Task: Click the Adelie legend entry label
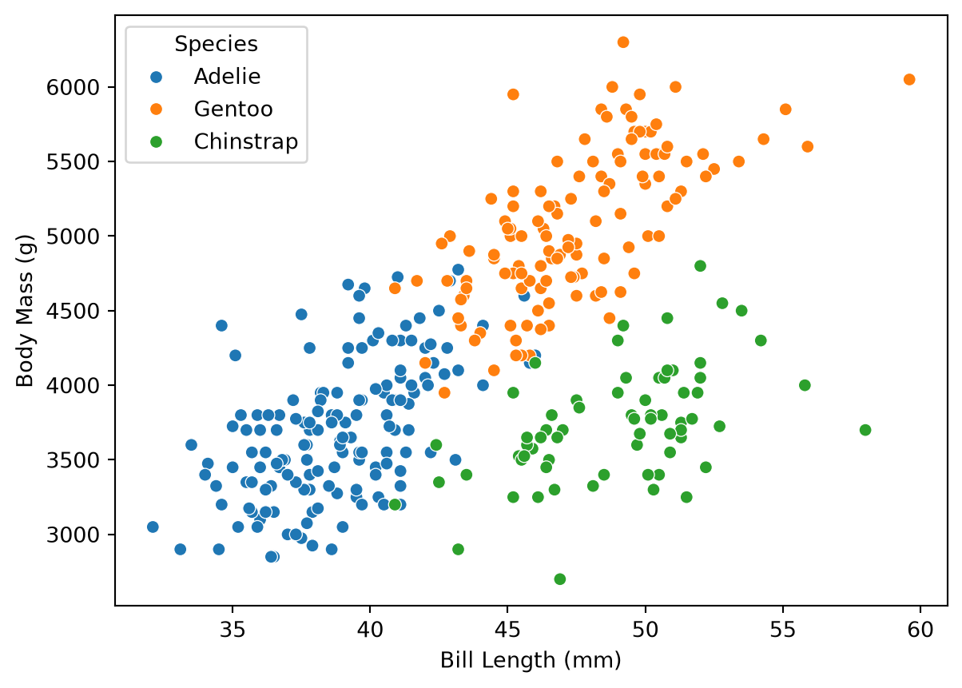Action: click(227, 77)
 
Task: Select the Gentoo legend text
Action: click(233, 109)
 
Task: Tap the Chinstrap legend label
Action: click(246, 141)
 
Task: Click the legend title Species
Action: click(216, 44)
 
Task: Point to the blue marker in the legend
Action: click(157, 77)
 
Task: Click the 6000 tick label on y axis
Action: click(66, 88)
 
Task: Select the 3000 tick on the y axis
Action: click(66, 535)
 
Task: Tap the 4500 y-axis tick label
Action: click(66, 312)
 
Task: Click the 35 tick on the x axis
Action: click(233, 630)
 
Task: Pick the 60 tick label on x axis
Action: click(920, 630)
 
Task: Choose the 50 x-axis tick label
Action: click(645, 630)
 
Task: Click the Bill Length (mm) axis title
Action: click(531, 661)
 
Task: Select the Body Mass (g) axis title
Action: click(25, 311)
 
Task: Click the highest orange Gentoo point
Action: click(623, 42)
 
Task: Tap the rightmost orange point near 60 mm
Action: click(909, 79)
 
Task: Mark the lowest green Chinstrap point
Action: click(559, 579)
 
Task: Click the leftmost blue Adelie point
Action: click(153, 527)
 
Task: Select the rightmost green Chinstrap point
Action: click(865, 430)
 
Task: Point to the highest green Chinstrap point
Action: click(700, 266)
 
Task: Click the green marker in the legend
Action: click(157, 142)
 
